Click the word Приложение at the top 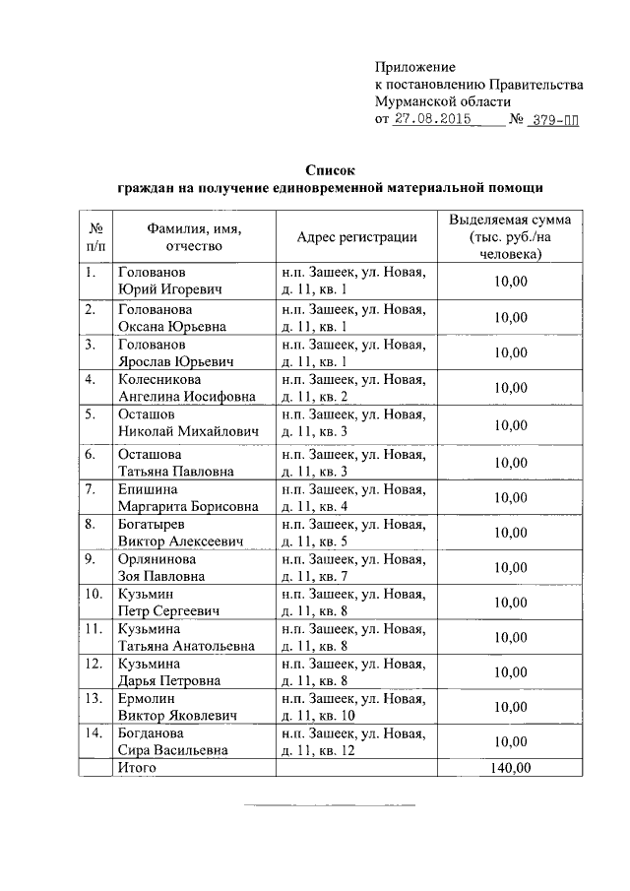pos(414,67)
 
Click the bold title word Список pos(329,169)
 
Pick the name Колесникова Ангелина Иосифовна pos(186,387)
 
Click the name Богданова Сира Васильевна pos(174,741)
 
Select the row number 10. pos(94,594)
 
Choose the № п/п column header pos(95,236)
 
